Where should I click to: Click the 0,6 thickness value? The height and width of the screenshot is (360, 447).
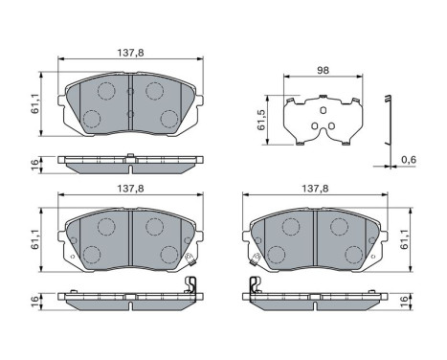(409, 161)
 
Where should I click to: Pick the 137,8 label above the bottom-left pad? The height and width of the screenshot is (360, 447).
(130, 190)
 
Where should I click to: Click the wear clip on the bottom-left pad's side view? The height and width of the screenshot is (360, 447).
(190, 285)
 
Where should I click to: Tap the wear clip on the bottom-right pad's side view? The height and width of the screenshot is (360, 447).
(253, 285)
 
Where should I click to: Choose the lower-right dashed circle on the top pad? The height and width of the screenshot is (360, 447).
(168, 119)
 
